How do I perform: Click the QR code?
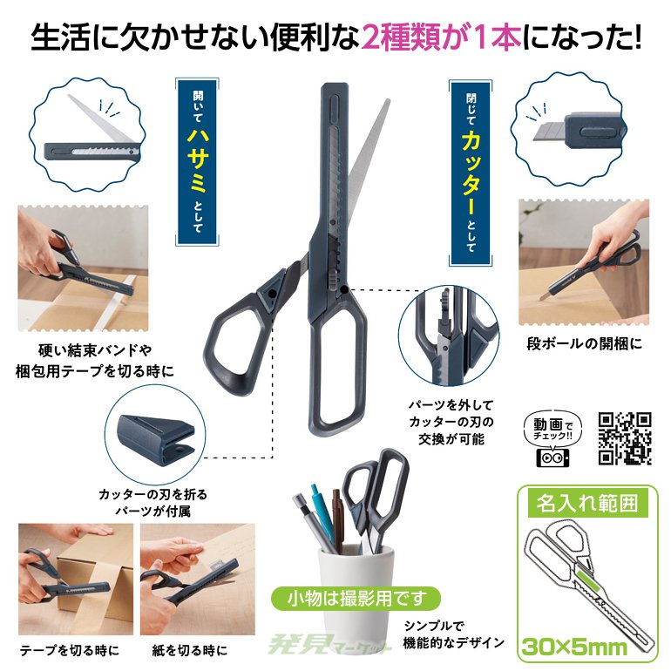click(x=625, y=438)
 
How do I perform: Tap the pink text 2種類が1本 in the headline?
click(x=441, y=38)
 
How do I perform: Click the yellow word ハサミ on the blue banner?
click(x=198, y=160)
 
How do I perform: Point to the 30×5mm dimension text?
click(x=574, y=647)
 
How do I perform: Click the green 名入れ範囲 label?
click(x=587, y=504)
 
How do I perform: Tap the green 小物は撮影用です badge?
click(x=357, y=599)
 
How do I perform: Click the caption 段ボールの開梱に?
click(x=584, y=343)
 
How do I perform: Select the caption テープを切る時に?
click(x=70, y=650)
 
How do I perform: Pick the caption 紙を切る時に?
click(x=190, y=650)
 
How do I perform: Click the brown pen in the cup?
click(x=337, y=520)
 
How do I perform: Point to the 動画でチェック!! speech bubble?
click(x=552, y=429)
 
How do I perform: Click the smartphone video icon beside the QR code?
click(x=552, y=457)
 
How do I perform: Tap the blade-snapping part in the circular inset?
click(x=156, y=440)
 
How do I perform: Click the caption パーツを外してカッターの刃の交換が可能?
click(x=451, y=422)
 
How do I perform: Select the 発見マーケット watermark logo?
click(x=329, y=646)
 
